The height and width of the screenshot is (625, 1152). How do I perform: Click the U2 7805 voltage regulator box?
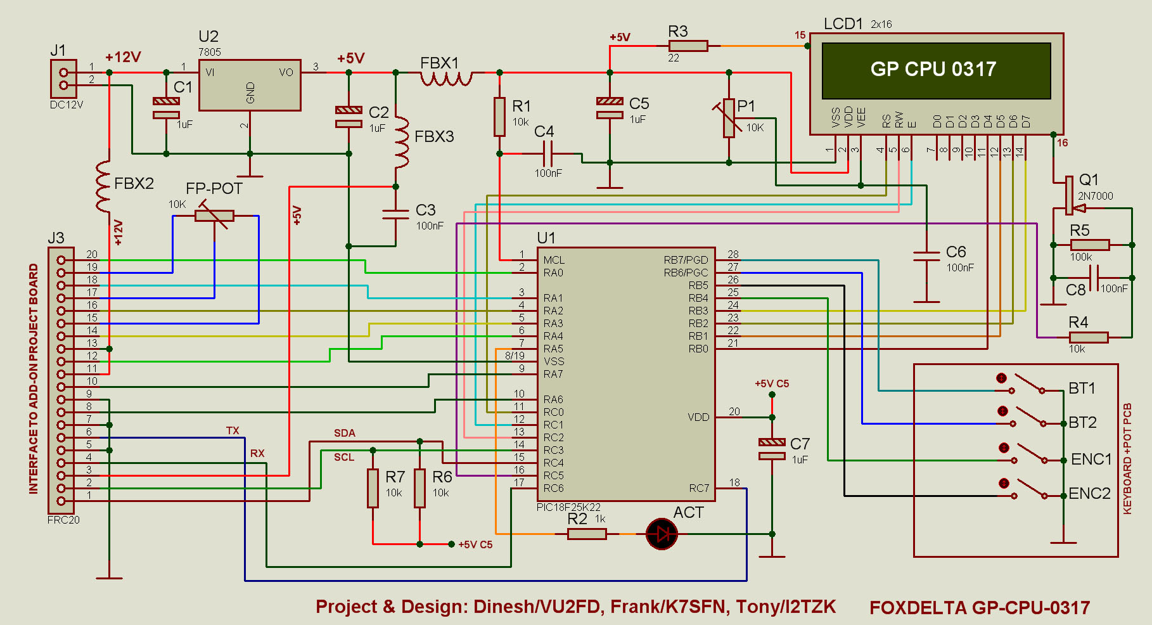(250, 86)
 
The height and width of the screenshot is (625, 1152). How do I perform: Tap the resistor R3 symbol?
(688, 46)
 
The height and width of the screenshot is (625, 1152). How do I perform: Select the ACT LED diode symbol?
(662, 534)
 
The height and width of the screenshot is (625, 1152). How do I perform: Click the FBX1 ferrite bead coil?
(446, 79)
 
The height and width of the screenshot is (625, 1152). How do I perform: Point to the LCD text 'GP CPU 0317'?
(933, 69)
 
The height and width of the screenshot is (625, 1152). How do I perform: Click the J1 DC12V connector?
(63, 79)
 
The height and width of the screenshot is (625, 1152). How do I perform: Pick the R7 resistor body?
(373, 488)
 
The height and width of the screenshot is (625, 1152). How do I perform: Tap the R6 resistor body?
(419, 488)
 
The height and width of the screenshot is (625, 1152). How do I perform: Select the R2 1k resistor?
(587, 534)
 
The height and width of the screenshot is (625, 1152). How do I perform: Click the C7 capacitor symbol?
(772, 449)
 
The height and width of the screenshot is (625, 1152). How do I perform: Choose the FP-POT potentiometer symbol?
(214, 216)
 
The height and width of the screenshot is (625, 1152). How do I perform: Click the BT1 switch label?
(1082, 388)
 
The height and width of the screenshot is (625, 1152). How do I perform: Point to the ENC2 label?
(1089, 493)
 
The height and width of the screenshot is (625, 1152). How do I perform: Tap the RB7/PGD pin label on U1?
(686, 260)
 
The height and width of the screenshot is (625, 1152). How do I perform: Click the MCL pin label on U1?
(554, 260)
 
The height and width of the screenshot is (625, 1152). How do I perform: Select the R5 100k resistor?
(1090, 245)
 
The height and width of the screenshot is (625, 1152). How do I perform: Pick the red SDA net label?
(345, 433)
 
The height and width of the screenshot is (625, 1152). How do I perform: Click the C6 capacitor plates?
(926, 256)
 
